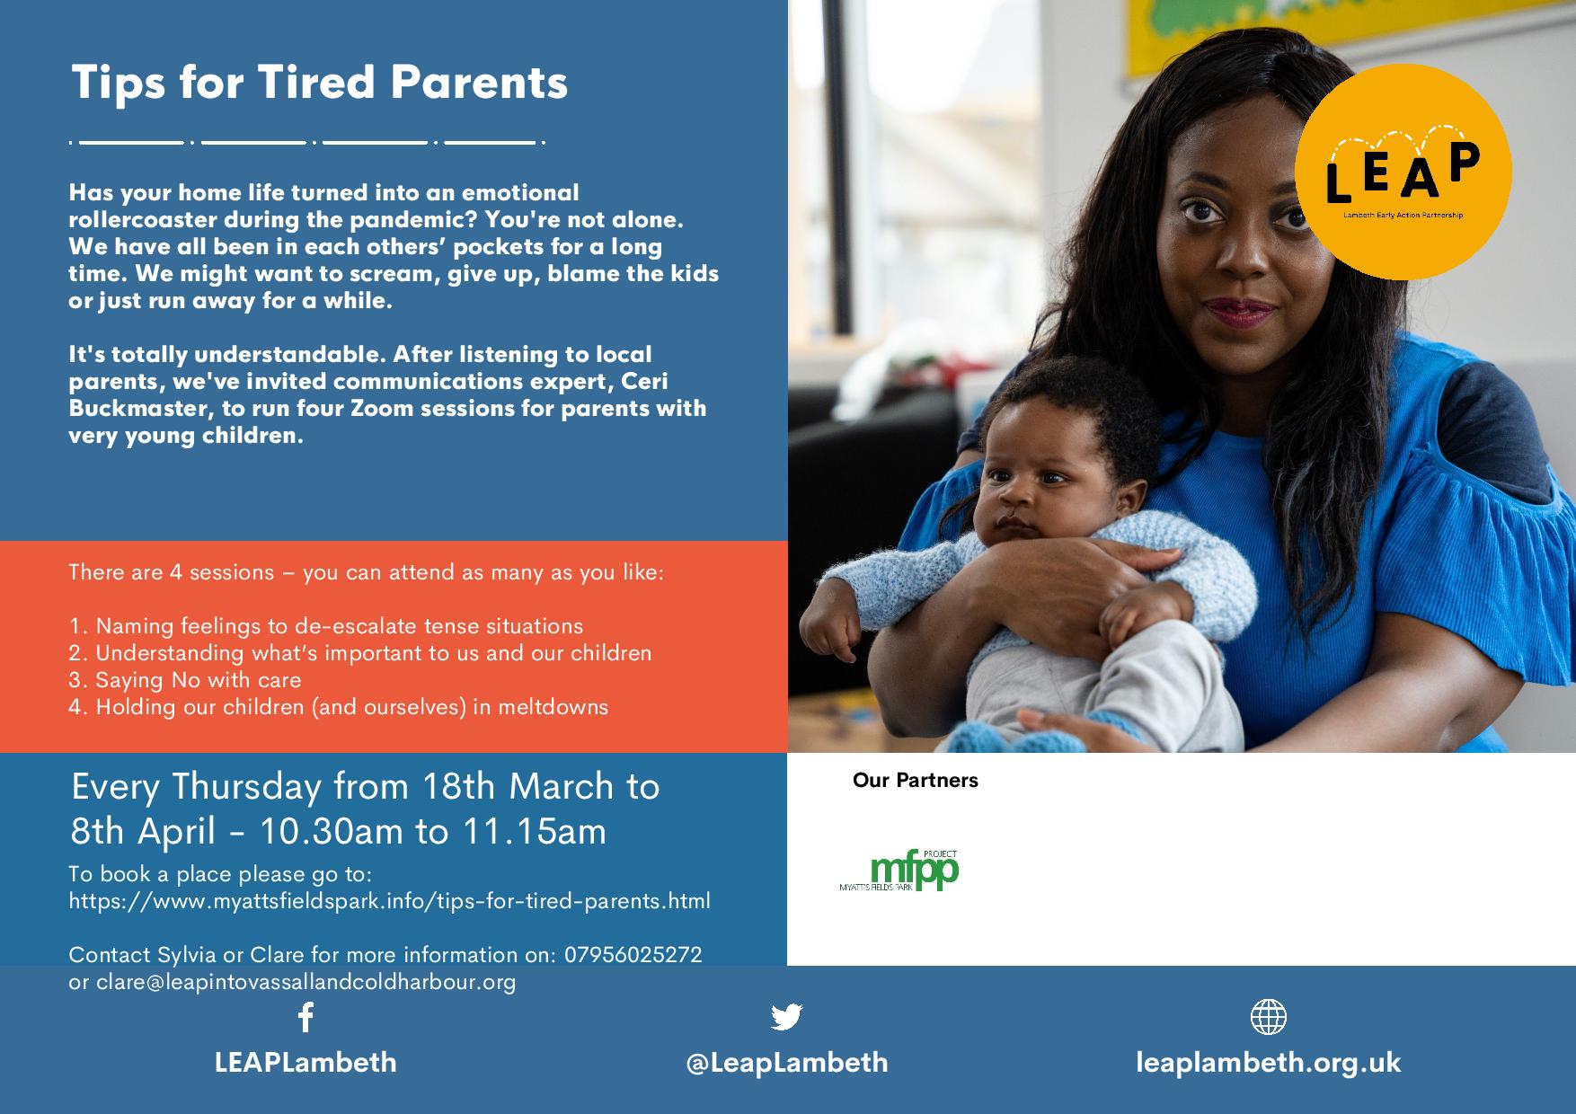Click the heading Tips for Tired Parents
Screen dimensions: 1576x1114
(319, 82)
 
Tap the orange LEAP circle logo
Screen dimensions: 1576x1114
(1403, 172)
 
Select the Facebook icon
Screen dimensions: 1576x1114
(305, 1017)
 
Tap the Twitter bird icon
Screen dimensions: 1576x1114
(786, 1017)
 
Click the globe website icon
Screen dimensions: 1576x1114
(1268, 1017)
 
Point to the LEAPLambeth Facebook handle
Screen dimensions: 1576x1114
(305, 1063)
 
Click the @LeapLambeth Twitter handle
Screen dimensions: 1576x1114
(787, 1063)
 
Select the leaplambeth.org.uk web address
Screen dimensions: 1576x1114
(1268, 1063)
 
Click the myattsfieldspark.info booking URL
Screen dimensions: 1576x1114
(389, 901)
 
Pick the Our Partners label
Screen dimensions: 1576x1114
(916, 780)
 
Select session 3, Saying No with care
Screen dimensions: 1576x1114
(185, 680)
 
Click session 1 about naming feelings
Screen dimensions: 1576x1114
(326, 626)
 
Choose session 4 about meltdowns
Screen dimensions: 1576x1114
(339, 707)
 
